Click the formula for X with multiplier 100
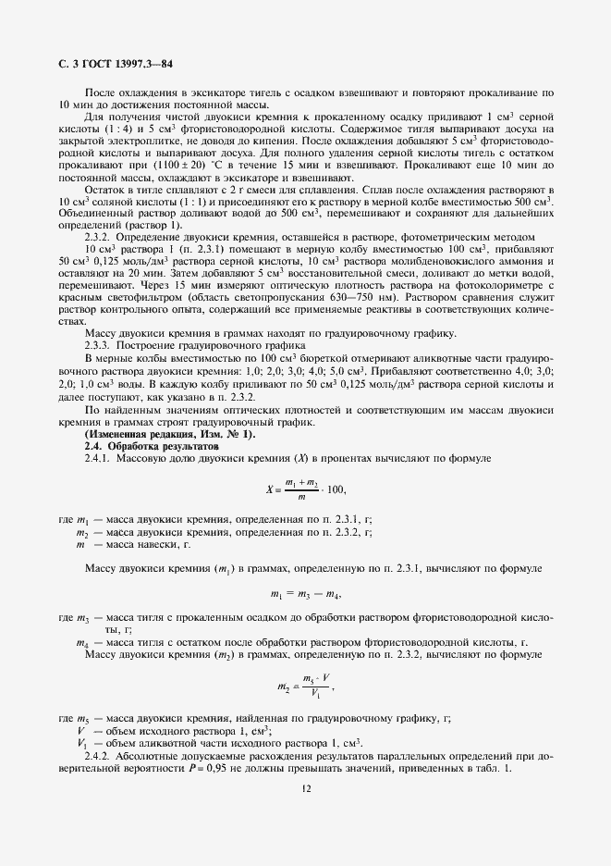pos(304,489)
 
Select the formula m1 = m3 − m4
pos(305,593)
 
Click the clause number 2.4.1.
pos(99,458)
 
